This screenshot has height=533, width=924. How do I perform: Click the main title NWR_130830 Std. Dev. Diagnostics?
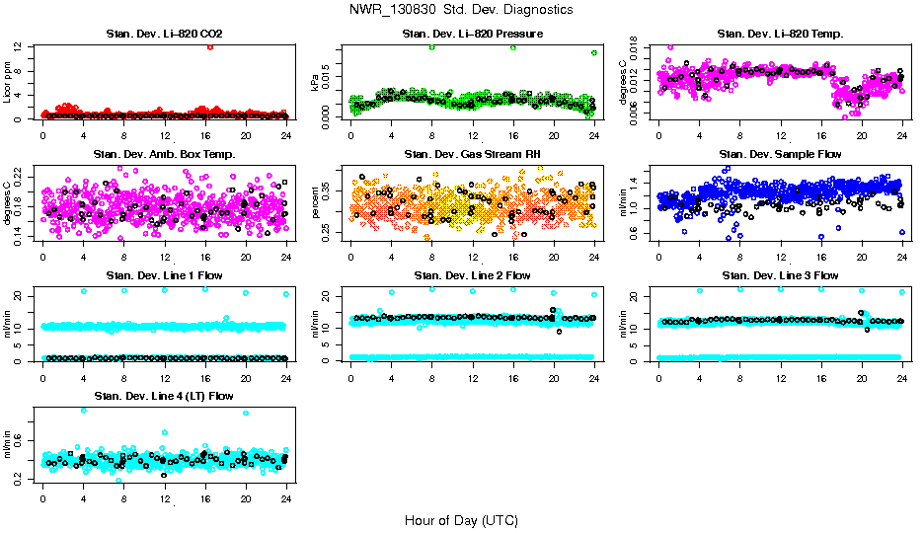tap(461, 10)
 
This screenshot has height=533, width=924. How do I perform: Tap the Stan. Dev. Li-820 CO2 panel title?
tap(164, 35)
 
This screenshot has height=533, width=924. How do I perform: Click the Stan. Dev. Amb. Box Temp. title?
tap(164, 154)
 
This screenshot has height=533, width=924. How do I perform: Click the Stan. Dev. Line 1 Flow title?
tap(164, 274)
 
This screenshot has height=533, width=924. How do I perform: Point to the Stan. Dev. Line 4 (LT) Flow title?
tap(164, 395)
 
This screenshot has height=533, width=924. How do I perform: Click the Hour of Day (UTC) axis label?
tap(461, 519)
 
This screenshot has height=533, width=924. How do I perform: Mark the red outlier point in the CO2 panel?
tap(210, 46)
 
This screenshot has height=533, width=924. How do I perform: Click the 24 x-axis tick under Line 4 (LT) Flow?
tap(285, 499)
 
